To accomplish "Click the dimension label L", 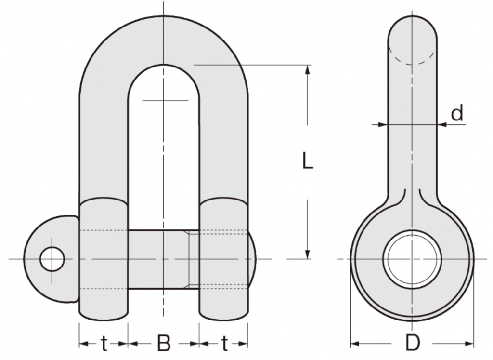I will coord(308,161).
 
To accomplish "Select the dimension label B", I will coord(164,344).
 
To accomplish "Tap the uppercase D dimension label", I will coord(412,344).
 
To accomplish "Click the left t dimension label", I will coord(104,344).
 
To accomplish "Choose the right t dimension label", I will coord(224,344).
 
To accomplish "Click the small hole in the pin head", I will coord(52,259).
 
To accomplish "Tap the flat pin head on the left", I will coord(53,259).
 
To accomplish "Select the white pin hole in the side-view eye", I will coord(412,259).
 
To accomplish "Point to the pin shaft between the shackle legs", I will coord(159,259).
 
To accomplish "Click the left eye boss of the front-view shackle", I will coord(104,259).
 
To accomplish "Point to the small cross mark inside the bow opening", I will coord(164,100).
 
